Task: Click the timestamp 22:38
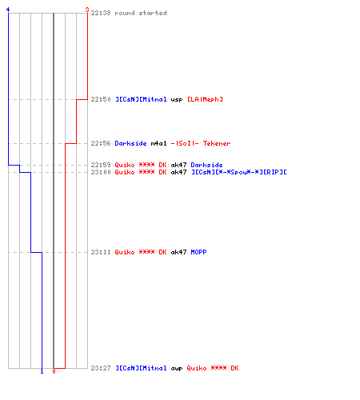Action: pyautogui.click(x=101, y=13)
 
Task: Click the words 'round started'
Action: pyautogui.click(x=141, y=13)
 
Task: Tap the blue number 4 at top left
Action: pyautogui.click(x=8, y=10)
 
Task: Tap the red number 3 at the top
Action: pyautogui.click(x=87, y=10)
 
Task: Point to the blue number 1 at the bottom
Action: pyautogui.click(x=42, y=371)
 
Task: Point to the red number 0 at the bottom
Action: pyautogui.click(x=54, y=371)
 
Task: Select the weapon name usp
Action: pyautogui.click(x=177, y=100)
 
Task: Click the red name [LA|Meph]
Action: pyautogui.click(x=205, y=99)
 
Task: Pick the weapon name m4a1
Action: pyautogui.click(x=158, y=143)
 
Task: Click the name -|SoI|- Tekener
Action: pyautogui.click(x=201, y=143)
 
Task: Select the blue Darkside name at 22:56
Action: pyautogui.click(x=130, y=143)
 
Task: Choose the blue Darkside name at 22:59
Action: pyautogui.click(x=206, y=165)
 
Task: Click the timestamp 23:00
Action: pyautogui.click(x=101, y=172)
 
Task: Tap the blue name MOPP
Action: pyautogui.click(x=198, y=252)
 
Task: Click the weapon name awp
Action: pyautogui.click(x=177, y=369)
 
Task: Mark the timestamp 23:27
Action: pyautogui.click(x=101, y=368)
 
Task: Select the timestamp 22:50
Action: pyautogui.click(x=101, y=99)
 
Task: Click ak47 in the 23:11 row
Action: pyautogui.click(x=178, y=252)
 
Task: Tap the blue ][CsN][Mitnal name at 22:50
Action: pyautogui.click(x=141, y=99)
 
